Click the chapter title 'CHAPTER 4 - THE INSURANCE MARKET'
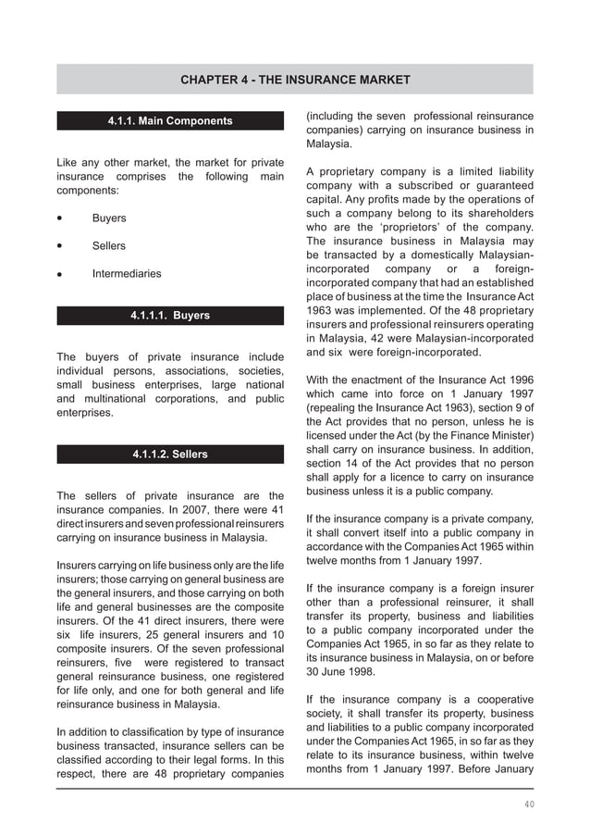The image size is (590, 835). [295, 80]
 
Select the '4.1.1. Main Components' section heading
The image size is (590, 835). [170, 120]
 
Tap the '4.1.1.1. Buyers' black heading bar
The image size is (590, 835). [170, 316]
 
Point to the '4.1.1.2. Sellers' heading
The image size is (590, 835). [170, 455]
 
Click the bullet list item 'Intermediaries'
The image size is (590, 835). [126, 274]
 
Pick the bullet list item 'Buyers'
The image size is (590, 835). [109, 218]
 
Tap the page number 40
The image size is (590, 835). [528, 804]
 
